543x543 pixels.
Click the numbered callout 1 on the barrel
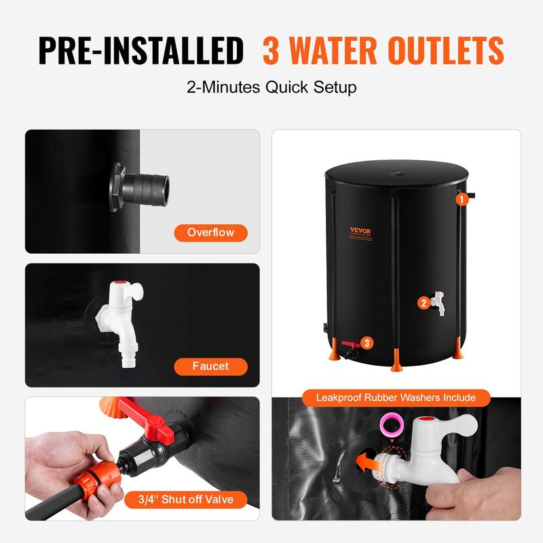(x=461, y=200)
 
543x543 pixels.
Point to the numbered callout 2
(x=424, y=303)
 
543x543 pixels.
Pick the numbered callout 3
(x=367, y=343)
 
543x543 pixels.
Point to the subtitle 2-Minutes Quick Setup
(x=271, y=88)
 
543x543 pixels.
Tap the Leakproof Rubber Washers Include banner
(x=396, y=397)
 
